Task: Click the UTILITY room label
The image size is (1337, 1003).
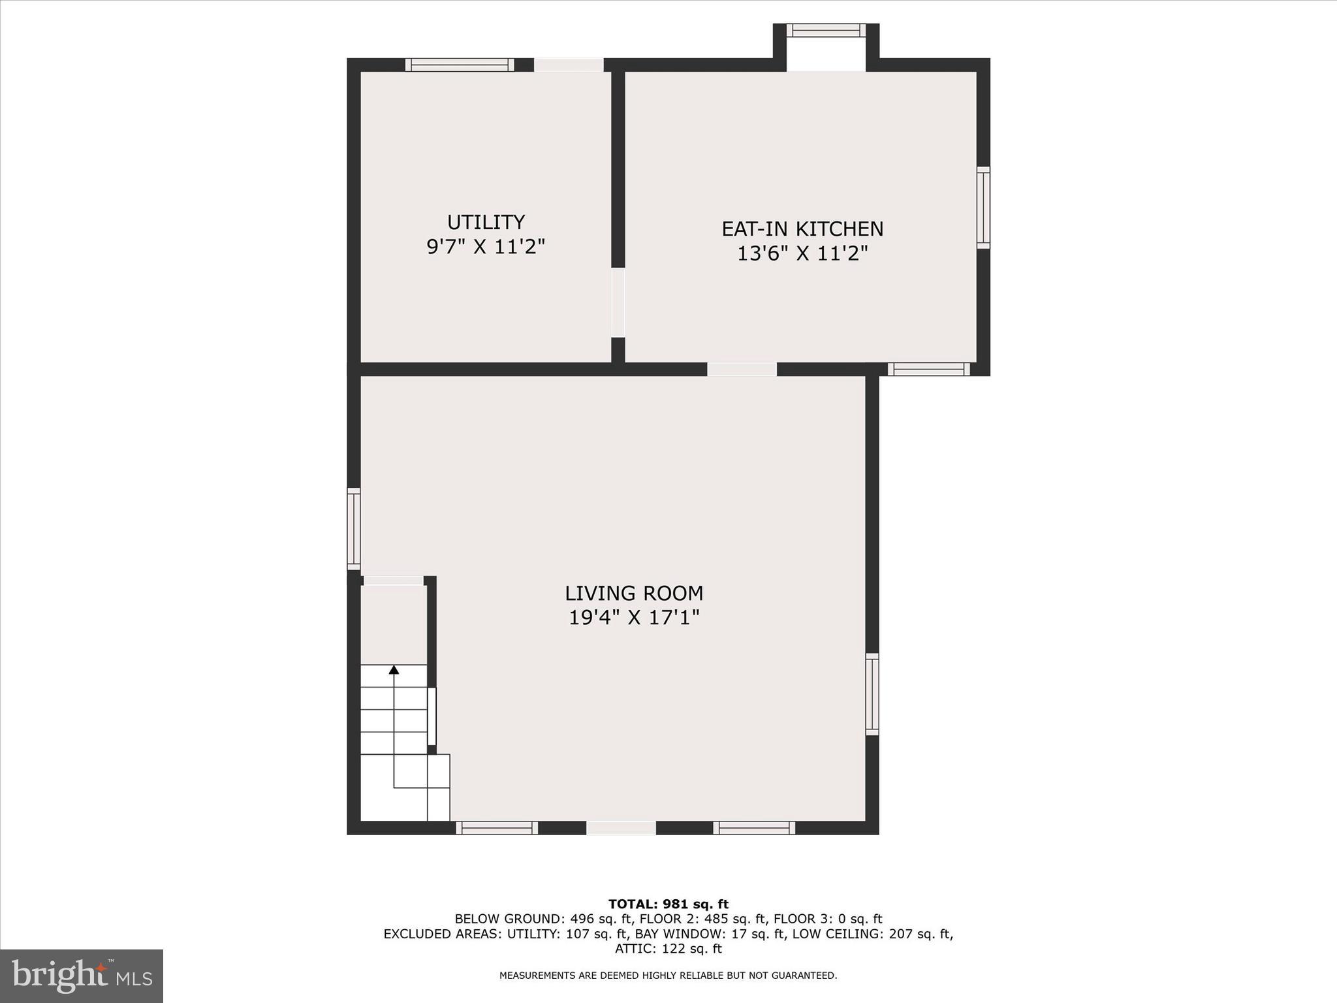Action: pos(486,223)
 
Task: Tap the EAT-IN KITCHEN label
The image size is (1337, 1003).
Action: pos(802,229)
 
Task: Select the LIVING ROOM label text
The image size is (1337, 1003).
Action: pos(634,594)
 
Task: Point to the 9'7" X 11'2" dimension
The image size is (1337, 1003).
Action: pos(486,247)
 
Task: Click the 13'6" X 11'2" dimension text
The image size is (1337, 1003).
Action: pos(802,253)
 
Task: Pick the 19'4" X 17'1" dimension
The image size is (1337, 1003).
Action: pos(634,618)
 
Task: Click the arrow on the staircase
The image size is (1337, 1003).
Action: pos(394,670)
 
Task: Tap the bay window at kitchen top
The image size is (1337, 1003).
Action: pos(826,30)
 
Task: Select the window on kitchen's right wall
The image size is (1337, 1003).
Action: pos(983,208)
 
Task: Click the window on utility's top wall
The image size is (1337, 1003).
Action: pos(459,65)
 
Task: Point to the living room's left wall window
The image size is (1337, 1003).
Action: pos(353,529)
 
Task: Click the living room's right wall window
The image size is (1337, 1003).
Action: pos(872,694)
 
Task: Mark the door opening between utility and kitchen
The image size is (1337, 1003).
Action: pos(618,302)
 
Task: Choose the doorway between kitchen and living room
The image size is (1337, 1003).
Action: pos(742,370)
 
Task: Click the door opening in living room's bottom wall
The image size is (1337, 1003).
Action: pos(621,828)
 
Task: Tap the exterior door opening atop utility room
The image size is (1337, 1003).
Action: pos(569,65)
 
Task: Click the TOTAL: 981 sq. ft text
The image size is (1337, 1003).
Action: pos(668,904)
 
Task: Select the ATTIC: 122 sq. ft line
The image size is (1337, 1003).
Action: pos(668,949)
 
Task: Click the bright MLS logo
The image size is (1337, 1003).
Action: pos(82,976)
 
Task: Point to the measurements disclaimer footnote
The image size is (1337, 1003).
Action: pos(668,976)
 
